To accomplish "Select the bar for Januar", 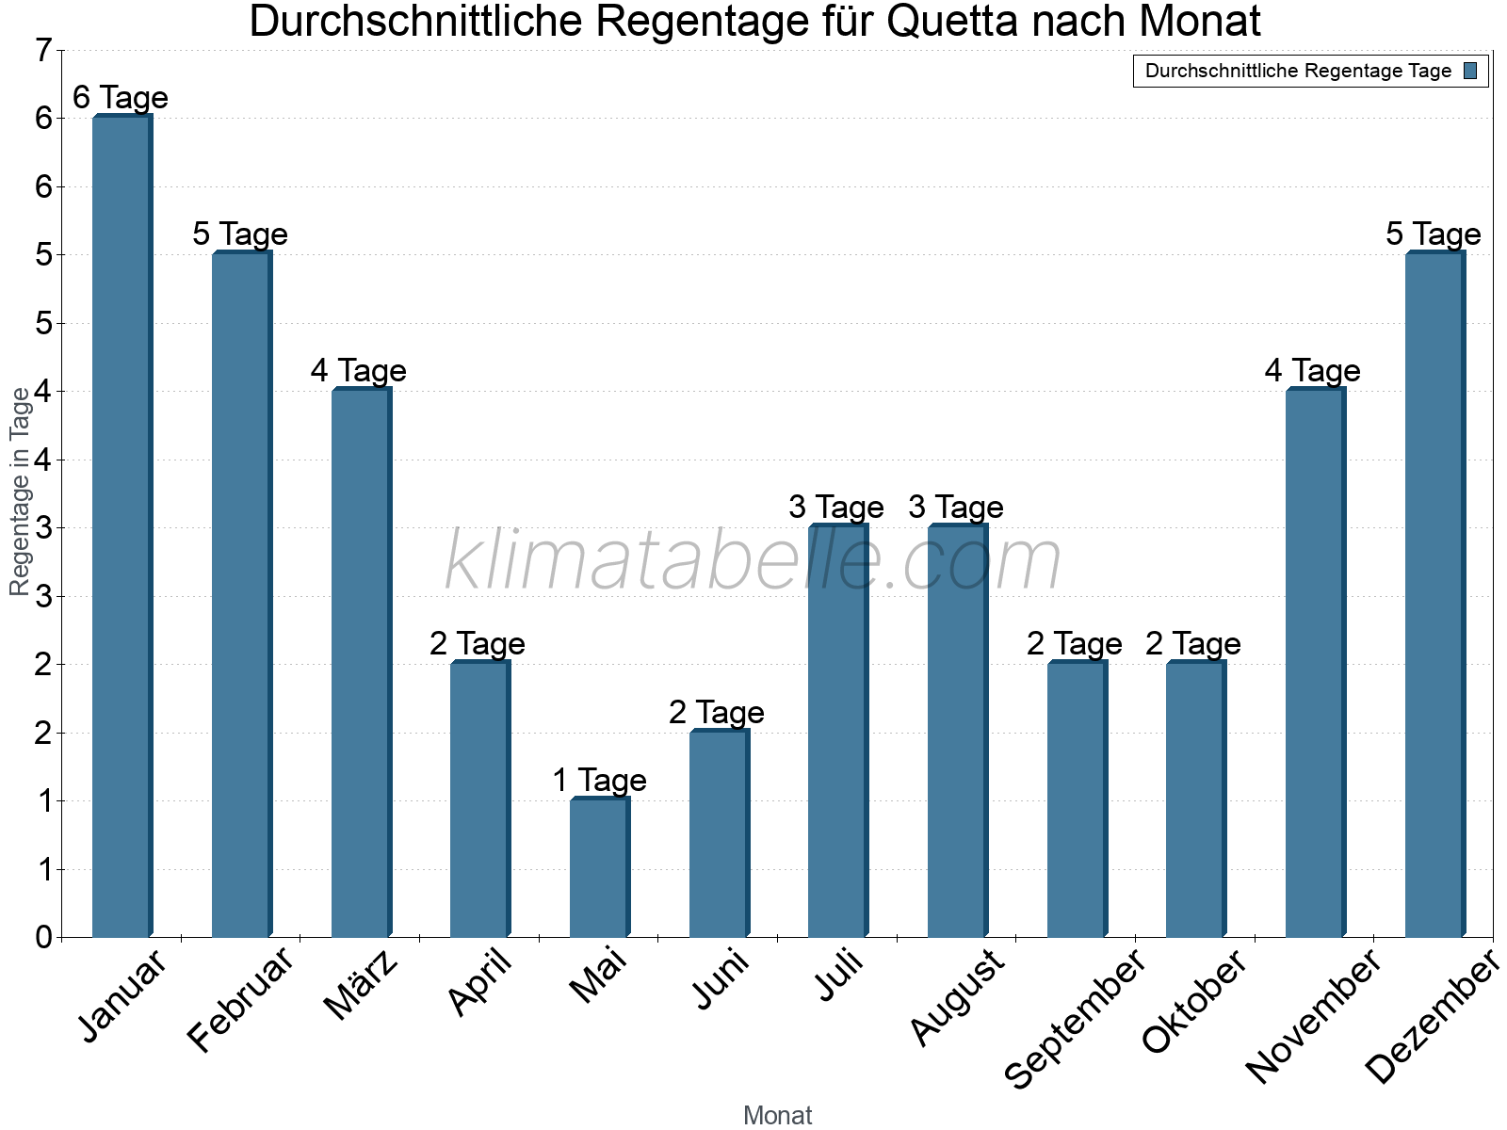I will (121, 527).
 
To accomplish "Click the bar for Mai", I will (598, 868).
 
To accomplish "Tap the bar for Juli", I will (836, 732).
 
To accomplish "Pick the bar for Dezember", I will (1434, 595).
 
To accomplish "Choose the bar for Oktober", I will (1194, 800).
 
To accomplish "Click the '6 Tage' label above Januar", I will (121, 98).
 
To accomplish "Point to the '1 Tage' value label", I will (599, 781).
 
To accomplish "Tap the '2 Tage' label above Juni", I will (717, 713).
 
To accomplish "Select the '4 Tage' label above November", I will (1313, 371).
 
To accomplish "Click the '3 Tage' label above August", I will (956, 508).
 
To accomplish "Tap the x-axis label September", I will (1075, 1019).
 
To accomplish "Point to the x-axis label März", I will (362, 986).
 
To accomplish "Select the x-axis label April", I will (480, 983).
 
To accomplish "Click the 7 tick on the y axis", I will (43, 51).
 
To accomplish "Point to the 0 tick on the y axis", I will (43, 938).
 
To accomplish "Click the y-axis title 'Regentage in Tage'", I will (21, 492).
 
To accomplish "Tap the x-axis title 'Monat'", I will (777, 1116).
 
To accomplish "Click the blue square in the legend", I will (1470, 71).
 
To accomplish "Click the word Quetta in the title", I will (952, 22).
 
